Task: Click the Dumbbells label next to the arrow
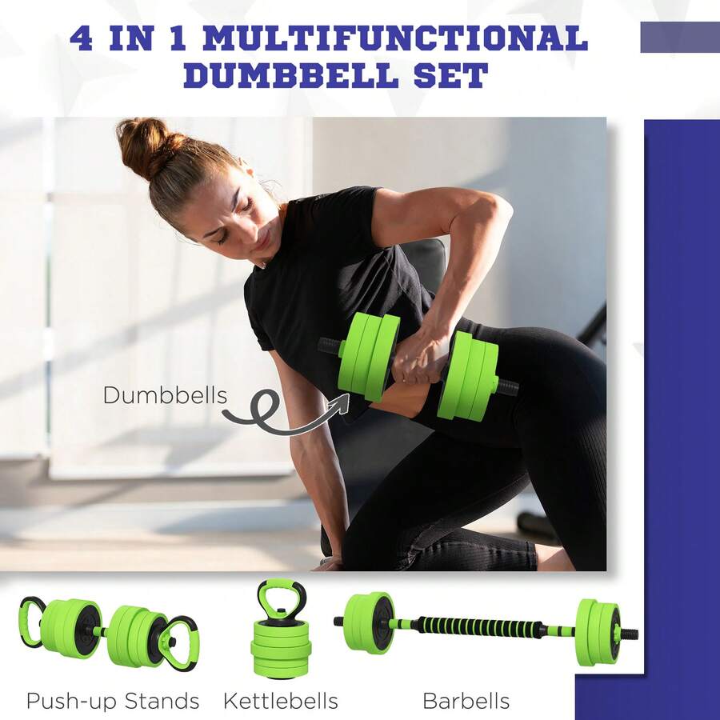[x=165, y=395]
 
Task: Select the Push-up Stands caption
[x=113, y=702]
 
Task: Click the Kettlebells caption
[x=280, y=702]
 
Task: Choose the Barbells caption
[x=466, y=702]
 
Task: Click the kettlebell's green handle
[x=281, y=595]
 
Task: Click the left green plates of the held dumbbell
[x=368, y=356]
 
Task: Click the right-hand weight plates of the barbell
[x=597, y=632]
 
